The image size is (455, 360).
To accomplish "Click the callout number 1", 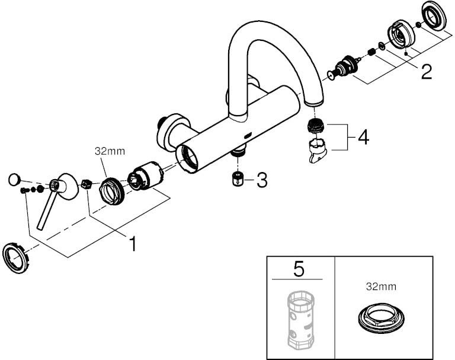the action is [x=133, y=244].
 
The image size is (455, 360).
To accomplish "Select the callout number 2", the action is [x=426, y=72].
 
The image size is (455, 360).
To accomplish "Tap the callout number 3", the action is [x=261, y=180].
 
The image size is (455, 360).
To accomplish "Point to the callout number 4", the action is [x=363, y=138].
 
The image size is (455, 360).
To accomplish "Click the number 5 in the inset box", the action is [x=299, y=269].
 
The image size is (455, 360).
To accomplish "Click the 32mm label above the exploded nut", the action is [x=110, y=151].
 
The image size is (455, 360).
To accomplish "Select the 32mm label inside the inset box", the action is [x=381, y=287].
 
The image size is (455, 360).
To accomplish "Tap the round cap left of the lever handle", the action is [x=14, y=179].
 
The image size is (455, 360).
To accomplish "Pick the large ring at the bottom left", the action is [x=16, y=258].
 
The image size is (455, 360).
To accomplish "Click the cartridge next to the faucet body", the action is [x=146, y=176].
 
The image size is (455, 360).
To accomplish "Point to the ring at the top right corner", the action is [x=432, y=17].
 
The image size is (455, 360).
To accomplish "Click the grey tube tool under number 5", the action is [x=299, y=319].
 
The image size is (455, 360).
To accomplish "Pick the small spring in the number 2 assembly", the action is [x=371, y=52].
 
